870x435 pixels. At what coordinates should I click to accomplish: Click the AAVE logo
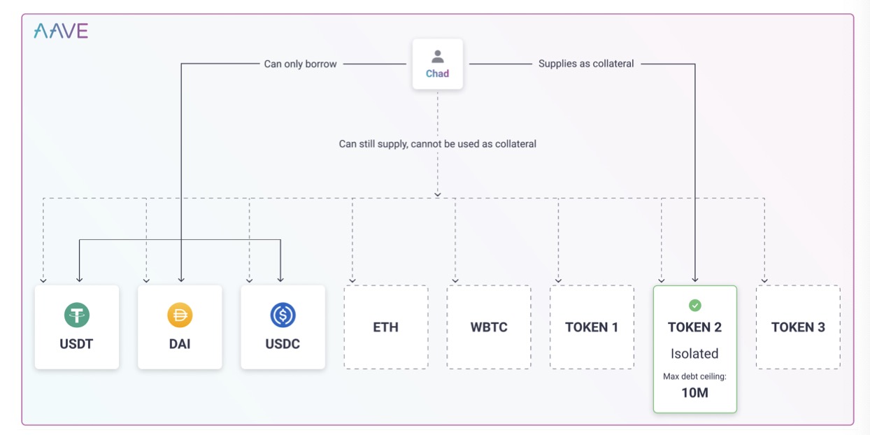[x=61, y=31]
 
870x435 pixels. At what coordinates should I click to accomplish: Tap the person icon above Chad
[x=438, y=57]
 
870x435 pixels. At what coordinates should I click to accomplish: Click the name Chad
[x=437, y=73]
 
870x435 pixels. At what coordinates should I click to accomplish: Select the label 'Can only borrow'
[x=300, y=64]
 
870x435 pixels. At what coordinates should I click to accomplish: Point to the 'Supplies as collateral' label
[x=586, y=64]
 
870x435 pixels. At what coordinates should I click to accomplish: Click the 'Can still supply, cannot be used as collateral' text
[x=437, y=143]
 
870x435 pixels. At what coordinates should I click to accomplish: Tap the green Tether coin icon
[x=76, y=315]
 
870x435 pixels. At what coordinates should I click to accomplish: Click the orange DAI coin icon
[x=180, y=315]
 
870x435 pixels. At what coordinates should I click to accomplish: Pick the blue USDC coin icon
[x=283, y=315]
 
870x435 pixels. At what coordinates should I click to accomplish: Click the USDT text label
[x=76, y=343]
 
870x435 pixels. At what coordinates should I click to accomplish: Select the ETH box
[x=386, y=327]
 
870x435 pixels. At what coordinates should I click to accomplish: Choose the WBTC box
[x=489, y=327]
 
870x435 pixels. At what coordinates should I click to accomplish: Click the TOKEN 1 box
[x=592, y=327]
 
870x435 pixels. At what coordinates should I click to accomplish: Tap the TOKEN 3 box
[x=798, y=327]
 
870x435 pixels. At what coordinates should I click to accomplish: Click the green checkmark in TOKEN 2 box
[x=695, y=306]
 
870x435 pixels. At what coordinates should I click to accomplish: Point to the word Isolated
[x=694, y=353]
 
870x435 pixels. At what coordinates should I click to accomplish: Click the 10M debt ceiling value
[x=695, y=392]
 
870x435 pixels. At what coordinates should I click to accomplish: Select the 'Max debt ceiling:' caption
[x=694, y=376]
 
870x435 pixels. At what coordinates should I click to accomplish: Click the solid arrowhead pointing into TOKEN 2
[x=695, y=279]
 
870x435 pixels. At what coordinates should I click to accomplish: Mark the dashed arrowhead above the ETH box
[x=352, y=280]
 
